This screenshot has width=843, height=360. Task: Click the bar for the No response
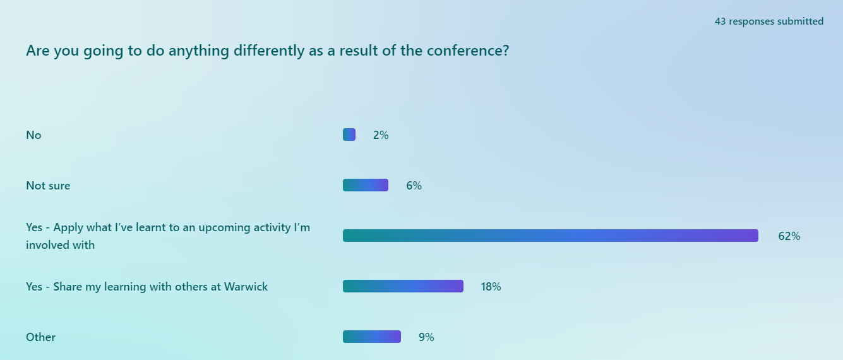[349, 135]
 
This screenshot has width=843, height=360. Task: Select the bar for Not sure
[366, 185]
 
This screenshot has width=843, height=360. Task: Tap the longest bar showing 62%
[550, 236]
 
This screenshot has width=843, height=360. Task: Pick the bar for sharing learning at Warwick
[403, 286]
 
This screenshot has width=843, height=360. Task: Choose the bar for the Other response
[372, 337]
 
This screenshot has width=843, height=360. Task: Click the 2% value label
[381, 135]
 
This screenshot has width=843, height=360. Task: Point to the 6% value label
[414, 186]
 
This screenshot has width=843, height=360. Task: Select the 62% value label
[789, 236]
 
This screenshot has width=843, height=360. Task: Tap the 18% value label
[491, 287]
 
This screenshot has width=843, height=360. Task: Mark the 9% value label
[426, 337]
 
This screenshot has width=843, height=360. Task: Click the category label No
[33, 135]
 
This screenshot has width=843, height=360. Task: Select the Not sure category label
[48, 186]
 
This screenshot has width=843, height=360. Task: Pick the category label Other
[40, 337]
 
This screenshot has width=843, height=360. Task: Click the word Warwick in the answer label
[246, 287]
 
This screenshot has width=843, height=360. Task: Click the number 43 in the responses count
[720, 21]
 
